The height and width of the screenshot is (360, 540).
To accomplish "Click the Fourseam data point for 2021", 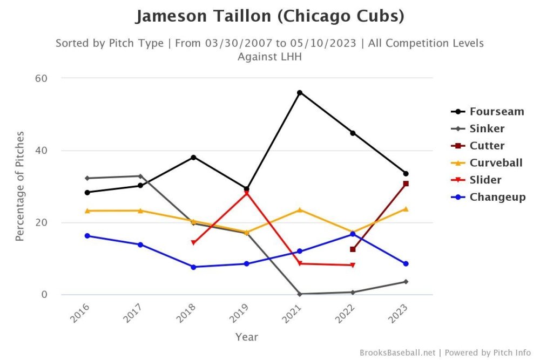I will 300,93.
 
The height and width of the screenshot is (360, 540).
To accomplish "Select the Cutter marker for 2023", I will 406,184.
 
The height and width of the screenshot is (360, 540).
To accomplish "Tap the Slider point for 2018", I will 193,243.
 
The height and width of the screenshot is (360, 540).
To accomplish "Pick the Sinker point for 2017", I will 140,176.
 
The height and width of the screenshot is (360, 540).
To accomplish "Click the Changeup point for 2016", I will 87,236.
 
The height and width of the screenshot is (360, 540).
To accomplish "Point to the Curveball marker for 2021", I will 300,209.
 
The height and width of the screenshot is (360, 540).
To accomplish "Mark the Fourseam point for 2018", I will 193,157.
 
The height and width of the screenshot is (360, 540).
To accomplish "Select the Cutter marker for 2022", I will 353,249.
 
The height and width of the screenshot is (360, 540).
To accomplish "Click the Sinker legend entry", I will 487,129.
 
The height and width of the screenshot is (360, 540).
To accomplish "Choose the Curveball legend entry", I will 495,163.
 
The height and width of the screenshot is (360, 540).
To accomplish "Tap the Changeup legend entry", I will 497,197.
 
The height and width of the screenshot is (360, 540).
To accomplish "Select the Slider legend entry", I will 485,180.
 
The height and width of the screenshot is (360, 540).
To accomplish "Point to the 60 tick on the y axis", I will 42,78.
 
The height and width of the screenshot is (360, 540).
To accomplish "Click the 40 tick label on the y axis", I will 42,151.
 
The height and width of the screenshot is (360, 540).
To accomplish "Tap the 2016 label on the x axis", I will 80,314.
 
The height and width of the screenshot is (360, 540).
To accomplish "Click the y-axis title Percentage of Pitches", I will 19,186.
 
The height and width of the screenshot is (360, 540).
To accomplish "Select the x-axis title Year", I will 246,337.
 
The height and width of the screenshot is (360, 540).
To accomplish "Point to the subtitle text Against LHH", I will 269,56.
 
